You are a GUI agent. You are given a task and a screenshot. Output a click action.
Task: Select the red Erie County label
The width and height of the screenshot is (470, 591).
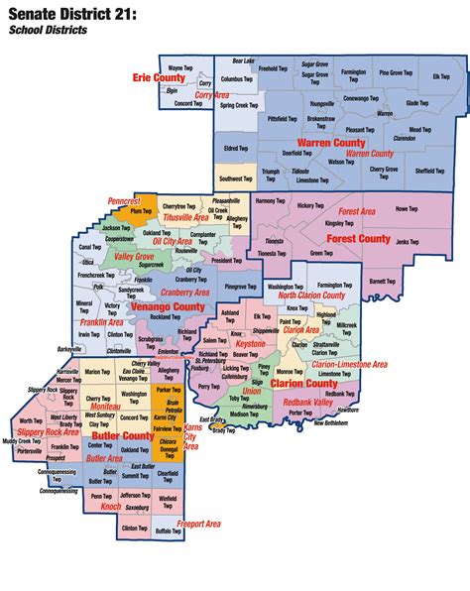pos(160,76)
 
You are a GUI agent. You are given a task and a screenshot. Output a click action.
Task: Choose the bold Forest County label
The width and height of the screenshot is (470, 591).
pos(360,238)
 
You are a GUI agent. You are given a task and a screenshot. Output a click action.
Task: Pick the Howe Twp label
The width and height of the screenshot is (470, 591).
pos(407,208)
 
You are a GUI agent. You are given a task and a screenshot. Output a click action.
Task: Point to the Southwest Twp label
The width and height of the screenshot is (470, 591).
pos(236,178)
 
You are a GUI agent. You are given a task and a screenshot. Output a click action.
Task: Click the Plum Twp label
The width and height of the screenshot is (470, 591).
pos(140,210)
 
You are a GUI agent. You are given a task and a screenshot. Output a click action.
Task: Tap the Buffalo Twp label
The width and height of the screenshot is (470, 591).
pos(167,531)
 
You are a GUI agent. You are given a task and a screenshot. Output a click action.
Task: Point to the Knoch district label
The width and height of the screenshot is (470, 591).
pos(112,506)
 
